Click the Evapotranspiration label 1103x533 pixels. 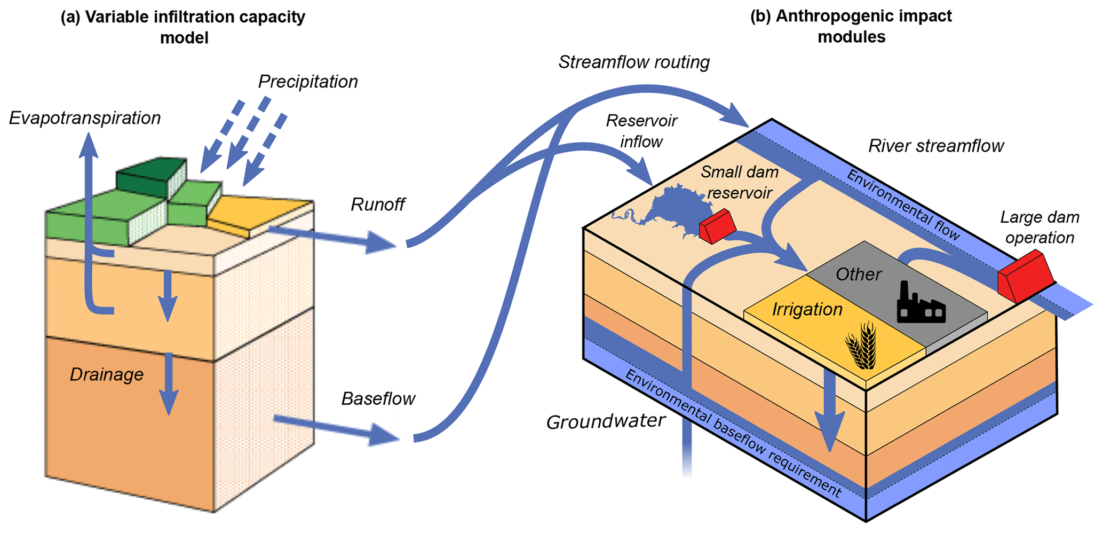[x=85, y=118]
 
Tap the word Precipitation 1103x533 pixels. [x=308, y=82]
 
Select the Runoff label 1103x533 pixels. [x=378, y=205]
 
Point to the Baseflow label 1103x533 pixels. [x=378, y=399]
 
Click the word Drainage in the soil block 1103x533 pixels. [x=107, y=374]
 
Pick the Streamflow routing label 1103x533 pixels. [x=634, y=62]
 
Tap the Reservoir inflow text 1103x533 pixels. [x=641, y=131]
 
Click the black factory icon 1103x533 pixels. [x=921, y=304]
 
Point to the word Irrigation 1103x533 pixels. [x=807, y=310]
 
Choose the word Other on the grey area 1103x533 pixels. [x=858, y=275]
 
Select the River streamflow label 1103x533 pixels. [x=936, y=146]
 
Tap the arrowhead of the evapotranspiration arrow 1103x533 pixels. [x=89, y=144]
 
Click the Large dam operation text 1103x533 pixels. [x=1039, y=228]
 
